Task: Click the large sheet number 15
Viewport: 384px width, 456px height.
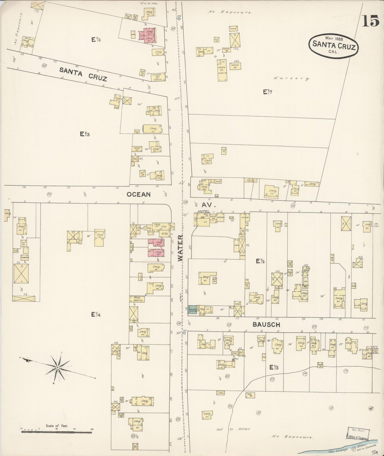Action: [x=370, y=20]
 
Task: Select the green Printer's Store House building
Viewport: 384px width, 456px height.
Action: [x=192, y=310]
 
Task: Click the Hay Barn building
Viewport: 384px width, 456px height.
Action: [x=137, y=299]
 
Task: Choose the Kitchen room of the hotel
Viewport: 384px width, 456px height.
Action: [x=221, y=217]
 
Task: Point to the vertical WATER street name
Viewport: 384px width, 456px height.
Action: [x=180, y=248]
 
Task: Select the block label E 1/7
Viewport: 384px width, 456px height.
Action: [x=268, y=92]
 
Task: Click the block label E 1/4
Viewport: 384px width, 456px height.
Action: [x=96, y=314]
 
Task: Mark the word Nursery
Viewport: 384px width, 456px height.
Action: [x=292, y=78]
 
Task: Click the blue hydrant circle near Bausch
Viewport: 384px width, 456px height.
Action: [x=184, y=333]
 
